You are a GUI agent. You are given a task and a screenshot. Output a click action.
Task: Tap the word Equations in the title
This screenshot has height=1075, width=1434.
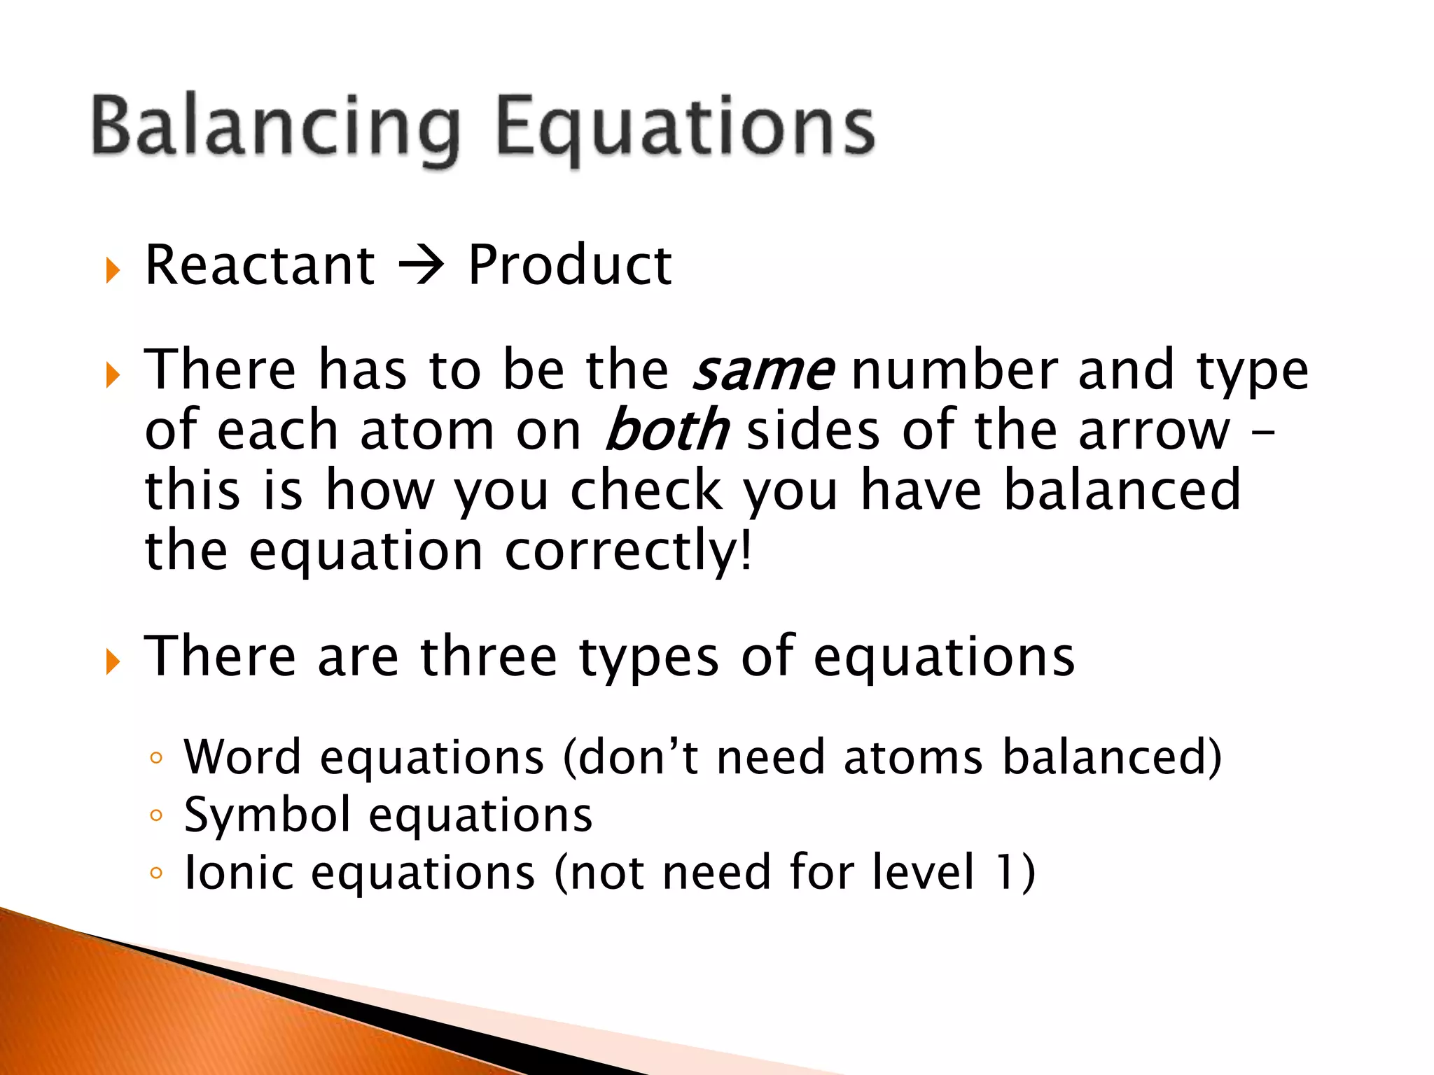click(x=685, y=129)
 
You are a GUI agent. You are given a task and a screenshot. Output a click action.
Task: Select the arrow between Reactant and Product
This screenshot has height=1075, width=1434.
click(x=421, y=267)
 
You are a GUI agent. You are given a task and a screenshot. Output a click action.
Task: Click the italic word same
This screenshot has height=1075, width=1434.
click(x=763, y=372)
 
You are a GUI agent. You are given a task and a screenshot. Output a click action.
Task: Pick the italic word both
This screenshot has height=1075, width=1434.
click(x=667, y=430)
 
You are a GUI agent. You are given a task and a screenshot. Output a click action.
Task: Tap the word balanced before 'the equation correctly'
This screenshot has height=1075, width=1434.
click(x=1122, y=490)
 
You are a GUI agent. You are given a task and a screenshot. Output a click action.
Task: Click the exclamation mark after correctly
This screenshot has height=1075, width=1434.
click(x=746, y=550)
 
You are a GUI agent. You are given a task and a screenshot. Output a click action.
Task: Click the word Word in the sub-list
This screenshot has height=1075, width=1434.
click(x=242, y=757)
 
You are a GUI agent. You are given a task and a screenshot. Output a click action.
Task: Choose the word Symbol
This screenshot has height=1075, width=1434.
click(x=267, y=816)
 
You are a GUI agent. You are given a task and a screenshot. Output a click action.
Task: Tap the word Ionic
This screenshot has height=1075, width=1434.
click(x=239, y=873)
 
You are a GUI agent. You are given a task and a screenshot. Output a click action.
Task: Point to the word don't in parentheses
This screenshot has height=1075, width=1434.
click(x=638, y=757)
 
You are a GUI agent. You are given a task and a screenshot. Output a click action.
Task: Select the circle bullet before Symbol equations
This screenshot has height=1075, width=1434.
click(x=156, y=815)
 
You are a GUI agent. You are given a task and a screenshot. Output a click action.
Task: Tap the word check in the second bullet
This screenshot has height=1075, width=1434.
click(x=646, y=490)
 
